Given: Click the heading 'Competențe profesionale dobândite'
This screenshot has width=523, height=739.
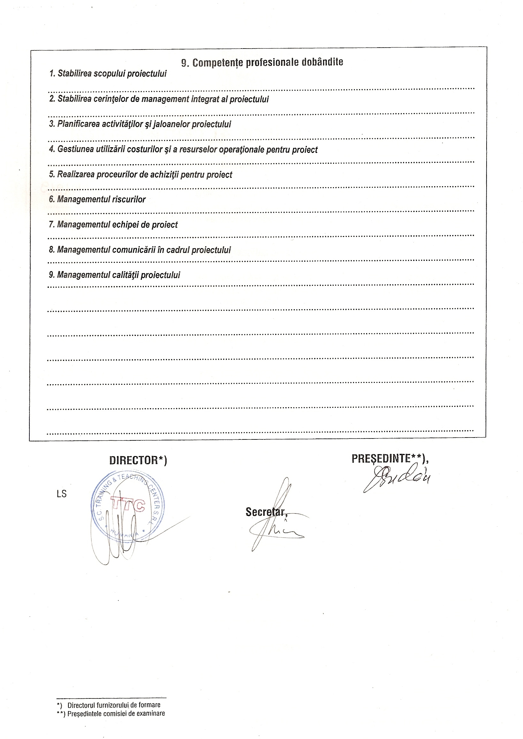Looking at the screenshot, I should click(268, 63).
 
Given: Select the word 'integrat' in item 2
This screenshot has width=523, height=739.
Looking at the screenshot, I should click(205, 99).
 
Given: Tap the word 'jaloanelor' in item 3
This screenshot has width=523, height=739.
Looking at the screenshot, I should click(171, 124).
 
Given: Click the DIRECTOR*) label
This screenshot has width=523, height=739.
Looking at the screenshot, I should click(138, 461).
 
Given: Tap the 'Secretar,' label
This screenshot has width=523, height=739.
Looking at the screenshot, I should click(266, 512).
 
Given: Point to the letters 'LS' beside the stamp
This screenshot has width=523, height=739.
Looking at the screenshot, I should click(62, 494).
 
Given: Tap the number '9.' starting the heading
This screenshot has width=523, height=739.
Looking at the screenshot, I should click(185, 63).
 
